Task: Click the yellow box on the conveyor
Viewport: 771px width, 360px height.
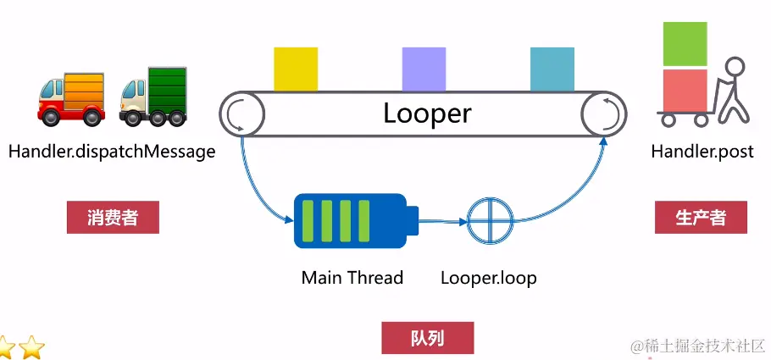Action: pyautogui.click(x=296, y=69)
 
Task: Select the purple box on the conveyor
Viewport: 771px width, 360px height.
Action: pyautogui.click(x=424, y=69)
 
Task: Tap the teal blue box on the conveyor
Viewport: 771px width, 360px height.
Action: pyautogui.click(x=552, y=69)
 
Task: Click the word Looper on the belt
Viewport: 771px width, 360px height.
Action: pyautogui.click(x=427, y=113)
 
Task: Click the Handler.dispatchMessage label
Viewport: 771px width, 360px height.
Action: pyautogui.click(x=111, y=152)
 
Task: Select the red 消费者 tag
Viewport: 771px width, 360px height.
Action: pyautogui.click(x=113, y=218)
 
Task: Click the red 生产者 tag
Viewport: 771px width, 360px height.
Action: pyautogui.click(x=701, y=218)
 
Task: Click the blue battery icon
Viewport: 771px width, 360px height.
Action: pyautogui.click(x=355, y=221)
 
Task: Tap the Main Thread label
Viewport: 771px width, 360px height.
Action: pyautogui.click(x=352, y=277)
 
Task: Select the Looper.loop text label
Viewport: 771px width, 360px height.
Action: pyautogui.click(x=489, y=277)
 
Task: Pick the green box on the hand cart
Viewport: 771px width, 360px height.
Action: pyautogui.click(x=685, y=44)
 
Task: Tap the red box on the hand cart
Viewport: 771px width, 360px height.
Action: pyautogui.click(x=685, y=90)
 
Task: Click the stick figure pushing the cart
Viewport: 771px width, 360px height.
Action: pyautogui.click(x=730, y=91)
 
